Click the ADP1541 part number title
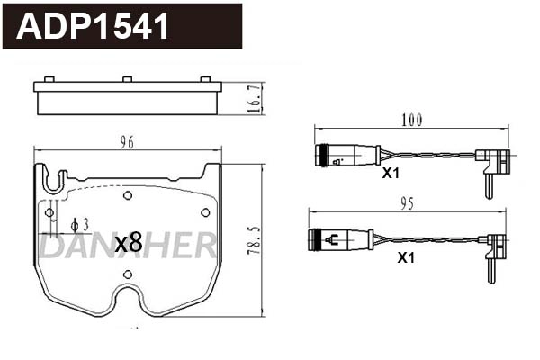click(93, 26)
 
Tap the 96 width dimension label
click(127, 142)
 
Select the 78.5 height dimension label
click(256, 240)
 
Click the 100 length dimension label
click(412, 120)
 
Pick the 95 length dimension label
click(407, 204)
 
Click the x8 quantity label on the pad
click(129, 242)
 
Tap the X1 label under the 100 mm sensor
click(391, 174)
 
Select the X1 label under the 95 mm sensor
click(406, 257)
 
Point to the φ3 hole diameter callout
click(79, 225)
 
